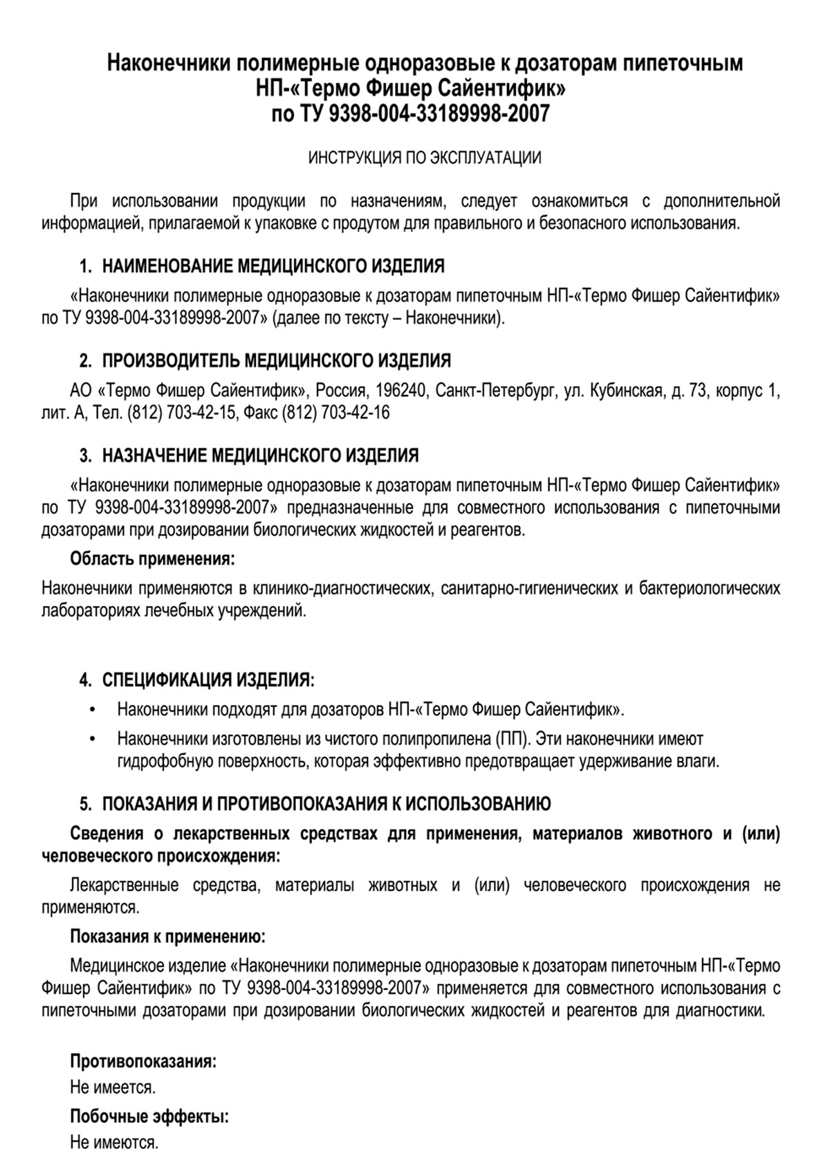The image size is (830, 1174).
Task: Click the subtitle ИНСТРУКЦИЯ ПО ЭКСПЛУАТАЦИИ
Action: point(424,158)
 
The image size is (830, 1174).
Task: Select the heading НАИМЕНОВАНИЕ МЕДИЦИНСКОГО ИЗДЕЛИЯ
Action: point(273,266)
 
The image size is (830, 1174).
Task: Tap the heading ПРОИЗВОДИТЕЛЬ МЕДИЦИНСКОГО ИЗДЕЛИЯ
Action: point(277,360)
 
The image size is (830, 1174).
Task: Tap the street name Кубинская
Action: point(626,392)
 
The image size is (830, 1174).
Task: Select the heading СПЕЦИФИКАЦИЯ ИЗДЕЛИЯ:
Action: point(208,679)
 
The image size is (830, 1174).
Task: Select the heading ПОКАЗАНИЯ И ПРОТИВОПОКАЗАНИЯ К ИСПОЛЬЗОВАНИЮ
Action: point(326,804)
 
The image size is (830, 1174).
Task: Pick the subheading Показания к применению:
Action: point(168,937)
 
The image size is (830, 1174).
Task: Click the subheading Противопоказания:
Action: point(142,1061)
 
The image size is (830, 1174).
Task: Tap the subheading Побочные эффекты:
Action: point(149,1117)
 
